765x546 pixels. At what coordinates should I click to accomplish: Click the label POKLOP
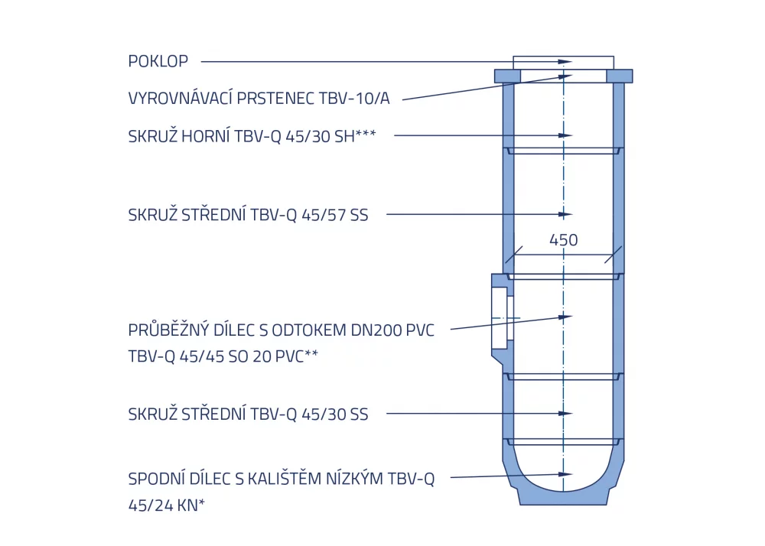(158, 61)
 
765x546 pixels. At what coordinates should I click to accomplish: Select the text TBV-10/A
(354, 99)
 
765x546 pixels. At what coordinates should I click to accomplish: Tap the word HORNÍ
(205, 136)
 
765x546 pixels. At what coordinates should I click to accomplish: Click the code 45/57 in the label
(317, 215)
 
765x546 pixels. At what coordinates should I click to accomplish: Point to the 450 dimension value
(564, 240)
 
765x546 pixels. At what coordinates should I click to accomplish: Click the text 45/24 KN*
(166, 505)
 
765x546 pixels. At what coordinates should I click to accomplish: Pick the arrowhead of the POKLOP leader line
(565, 62)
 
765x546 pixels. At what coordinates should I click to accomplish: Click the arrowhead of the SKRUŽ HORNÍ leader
(565, 135)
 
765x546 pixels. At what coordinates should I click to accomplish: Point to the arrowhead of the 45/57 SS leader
(565, 214)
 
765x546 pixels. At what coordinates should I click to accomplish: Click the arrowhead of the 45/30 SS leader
(565, 414)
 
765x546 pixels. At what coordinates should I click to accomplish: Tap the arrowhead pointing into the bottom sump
(565, 474)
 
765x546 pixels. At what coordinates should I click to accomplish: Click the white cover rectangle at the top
(564, 63)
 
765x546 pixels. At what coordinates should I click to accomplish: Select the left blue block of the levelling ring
(507, 76)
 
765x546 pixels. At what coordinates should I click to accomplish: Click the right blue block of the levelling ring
(620, 76)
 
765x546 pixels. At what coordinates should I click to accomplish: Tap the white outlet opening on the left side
(500, 318)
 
